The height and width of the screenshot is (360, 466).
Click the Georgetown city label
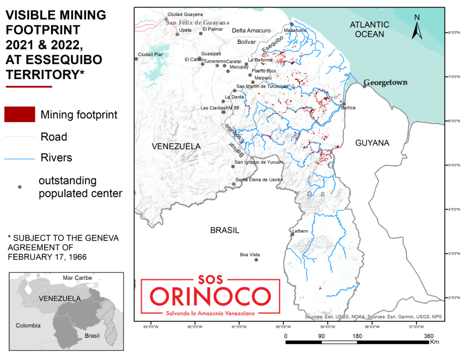click(385, 83)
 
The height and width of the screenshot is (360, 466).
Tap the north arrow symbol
click(417, 27)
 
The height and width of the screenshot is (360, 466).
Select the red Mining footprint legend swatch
click(20, 114)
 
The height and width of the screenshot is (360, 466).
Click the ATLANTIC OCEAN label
click(368, 29)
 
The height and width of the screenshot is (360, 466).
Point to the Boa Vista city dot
click(256, 259)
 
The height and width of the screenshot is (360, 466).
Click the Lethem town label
click(300, 231)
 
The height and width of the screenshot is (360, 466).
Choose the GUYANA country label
click(372, 143)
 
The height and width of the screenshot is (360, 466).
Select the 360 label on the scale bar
click(429, 336)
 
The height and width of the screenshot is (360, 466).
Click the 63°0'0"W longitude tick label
click(151, 326)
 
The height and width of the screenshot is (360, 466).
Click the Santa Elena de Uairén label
click(259, 180)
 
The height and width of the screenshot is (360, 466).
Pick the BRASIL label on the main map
click(225, 230)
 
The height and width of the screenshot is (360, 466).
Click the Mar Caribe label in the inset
click(77, 278)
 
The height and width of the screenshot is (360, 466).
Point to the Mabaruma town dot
click(292, 24)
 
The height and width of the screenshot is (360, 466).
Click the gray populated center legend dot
click(20, 187)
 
